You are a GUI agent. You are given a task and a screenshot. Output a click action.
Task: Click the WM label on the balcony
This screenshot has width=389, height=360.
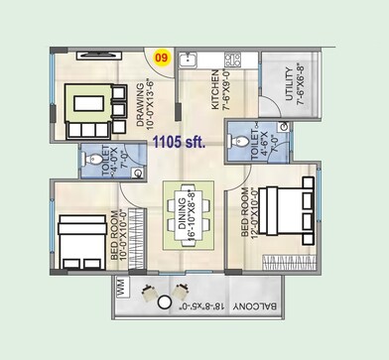(120, 289)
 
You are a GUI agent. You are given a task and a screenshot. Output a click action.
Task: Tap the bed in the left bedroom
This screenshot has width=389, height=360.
(79, 239)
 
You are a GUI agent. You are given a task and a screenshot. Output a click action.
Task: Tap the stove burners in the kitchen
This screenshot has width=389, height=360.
(234, 60)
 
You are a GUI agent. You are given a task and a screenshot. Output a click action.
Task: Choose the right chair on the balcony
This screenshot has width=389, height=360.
(182, 296)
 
